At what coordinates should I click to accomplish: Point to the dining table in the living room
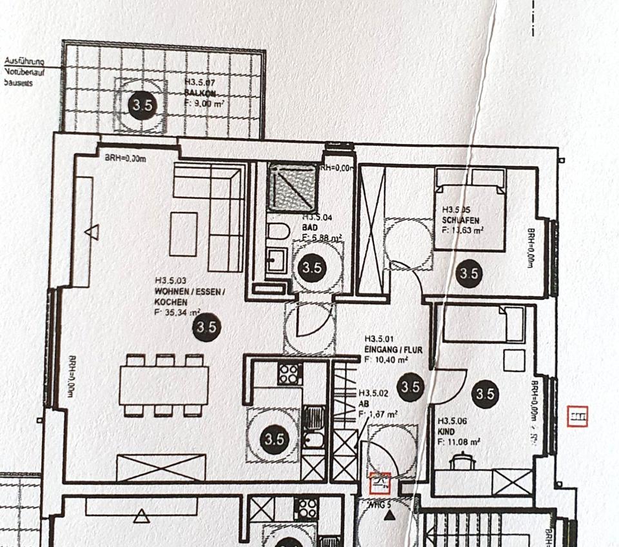[164, 386]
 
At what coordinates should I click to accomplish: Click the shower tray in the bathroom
[292, 188]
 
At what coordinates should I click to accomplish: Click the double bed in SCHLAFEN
[469, 209]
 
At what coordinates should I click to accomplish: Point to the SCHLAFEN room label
[460, 219]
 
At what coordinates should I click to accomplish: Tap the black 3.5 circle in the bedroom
[469, 273]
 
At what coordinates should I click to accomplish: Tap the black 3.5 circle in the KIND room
[485, 393]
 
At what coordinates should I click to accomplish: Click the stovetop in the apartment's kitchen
[290, 373]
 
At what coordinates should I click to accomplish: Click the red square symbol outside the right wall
[578, 417]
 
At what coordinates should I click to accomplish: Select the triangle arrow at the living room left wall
[92, 231]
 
